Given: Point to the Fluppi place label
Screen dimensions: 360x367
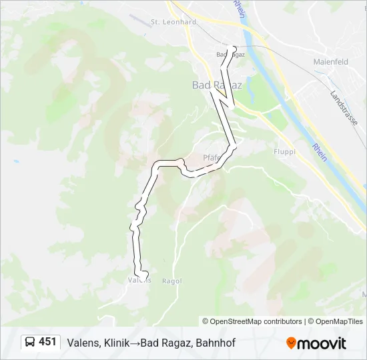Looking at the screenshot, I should pos(284,151).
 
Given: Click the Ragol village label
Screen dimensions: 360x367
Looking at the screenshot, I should pos(171,281).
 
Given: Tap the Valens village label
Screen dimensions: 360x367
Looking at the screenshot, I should pos(139,281).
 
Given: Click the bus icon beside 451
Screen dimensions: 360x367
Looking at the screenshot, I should pos(30,343).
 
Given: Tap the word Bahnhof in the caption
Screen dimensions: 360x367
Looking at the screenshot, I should pos(216,343).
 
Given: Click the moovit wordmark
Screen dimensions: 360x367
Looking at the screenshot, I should pos(322,343).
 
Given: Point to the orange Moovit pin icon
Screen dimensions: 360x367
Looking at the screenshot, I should pos(291,343).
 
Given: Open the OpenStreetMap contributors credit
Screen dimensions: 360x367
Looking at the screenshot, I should pos(252,321).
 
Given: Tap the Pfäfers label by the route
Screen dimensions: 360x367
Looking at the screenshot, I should pos(212,158).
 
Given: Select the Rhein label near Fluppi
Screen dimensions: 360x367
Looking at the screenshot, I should pos(318,153).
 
